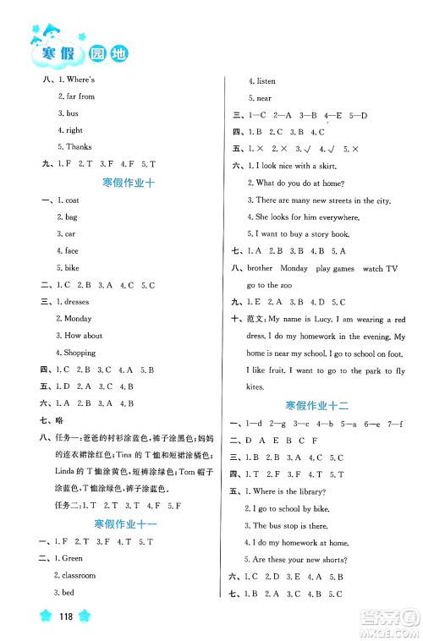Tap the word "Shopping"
[80, 353]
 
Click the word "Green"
[76, 558]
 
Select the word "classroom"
[80, 575]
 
